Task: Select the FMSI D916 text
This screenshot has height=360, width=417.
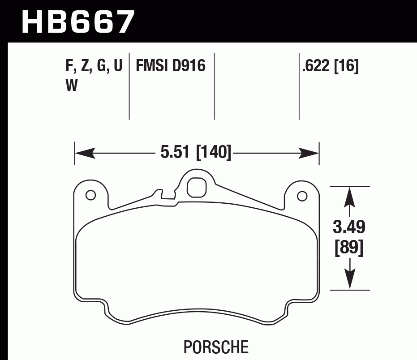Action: pyautogui.click(x=170, y=66)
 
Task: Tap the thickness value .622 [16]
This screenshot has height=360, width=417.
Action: pyautogui.click(x=331, y=66)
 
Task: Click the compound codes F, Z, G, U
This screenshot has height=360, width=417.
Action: pyautogui.click(x=94, y=66)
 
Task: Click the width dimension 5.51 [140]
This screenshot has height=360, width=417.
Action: pyautogui.click(x=196, y=153)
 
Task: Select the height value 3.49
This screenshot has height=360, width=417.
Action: pyautogui.click(x=349, y=227)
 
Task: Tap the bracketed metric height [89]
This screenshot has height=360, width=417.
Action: pyautogui.click(x=349, y=248)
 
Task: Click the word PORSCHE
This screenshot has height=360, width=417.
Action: pyautogui.click(x=216, y=347)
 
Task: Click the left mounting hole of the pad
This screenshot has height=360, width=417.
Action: pyautogui.click(x=90, y=195)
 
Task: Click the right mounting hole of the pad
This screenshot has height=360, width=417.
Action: pyautogui.click(x=302, y=195)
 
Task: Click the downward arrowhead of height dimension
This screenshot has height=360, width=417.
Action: pyautogui.click(x=349, y=280)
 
